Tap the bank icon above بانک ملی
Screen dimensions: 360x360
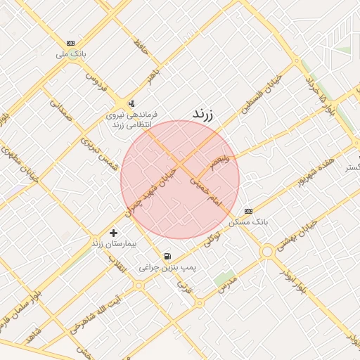pyautogui.click(x=70, y=42)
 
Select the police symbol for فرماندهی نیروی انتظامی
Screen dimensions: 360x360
pyautogui.click(x=130, y=103)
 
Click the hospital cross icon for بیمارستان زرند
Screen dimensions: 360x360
pyautogui.click(x=114, y=233)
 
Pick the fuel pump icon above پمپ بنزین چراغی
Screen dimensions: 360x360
pyautogui.click(x=167, y=257)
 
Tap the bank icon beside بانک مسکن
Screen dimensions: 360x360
pyautogui.click(x=247, y=211)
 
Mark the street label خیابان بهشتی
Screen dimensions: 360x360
pyautogui.click(x=295, y=233)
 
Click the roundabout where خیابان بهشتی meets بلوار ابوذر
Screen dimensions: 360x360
pyautogui.click(x=266, y=252)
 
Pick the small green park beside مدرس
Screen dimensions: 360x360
pyautogui.click(x=224, y=279)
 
